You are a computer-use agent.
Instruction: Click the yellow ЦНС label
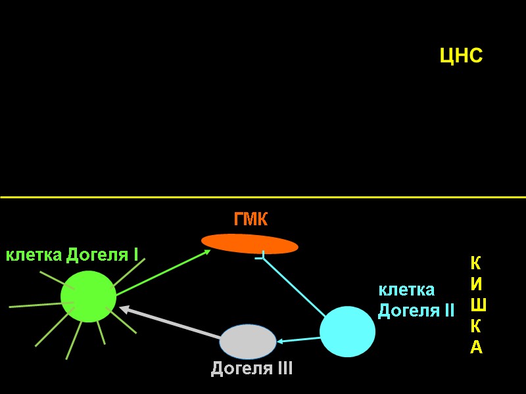pyautogui.click(x=461, y=56)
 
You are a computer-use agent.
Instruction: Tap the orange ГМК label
pyautogui.click(x=251, y=219)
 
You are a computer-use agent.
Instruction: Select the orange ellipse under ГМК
pyautogui.click(x=249, y=244)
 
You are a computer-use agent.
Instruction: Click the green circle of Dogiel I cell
pyautogui.click(x=89, y=296)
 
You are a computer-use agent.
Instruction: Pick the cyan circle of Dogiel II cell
pyautogui.click(x=347, y=332)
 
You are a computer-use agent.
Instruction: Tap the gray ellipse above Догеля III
pyautogui.click(x=247, y=341)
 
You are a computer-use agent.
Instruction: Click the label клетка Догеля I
pyautogui.click(x=72, y=255)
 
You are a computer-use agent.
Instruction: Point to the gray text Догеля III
pyautogui.click(x=251, y=369)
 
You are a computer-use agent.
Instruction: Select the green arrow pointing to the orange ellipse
pyautogui.click(x=164, y=273)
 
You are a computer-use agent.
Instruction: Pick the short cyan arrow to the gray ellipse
pyautogui.click(x=299, y=339)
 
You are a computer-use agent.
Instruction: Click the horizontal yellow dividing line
pyautogui.click(x=263, y=197)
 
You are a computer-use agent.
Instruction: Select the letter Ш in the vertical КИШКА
pyautogui.click(x=478, y=305)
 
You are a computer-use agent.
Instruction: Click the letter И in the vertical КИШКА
pyautogui.click(x=477, y=284)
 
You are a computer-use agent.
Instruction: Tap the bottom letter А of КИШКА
pyautogui.click(x=477, y=347)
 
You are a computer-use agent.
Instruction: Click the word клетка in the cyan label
pyautogui.click(x=406, y=290)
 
